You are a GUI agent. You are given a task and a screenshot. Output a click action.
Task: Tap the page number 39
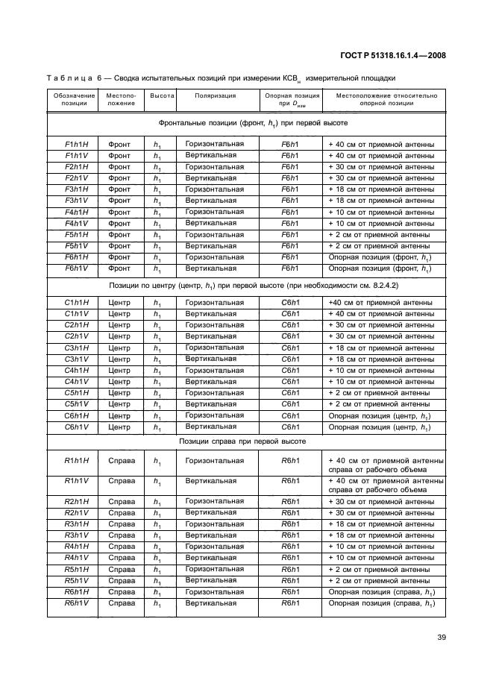(441, 637)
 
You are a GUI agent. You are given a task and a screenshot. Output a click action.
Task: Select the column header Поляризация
(216, 96)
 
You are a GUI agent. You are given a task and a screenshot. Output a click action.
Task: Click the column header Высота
(162, 96)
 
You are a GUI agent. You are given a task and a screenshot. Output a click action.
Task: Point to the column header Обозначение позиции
(74, 100)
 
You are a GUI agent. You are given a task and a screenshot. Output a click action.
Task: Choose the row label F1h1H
(77, 145)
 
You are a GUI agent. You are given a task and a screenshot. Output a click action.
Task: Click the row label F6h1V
(77, 268)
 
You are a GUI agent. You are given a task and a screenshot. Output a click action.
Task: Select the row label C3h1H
(77, 348)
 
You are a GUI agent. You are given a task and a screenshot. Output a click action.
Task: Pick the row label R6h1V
(77, 603)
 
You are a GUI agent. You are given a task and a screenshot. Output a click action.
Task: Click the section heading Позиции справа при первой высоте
(246, 441)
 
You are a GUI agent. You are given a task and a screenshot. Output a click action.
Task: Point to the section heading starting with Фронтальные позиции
(246, 122)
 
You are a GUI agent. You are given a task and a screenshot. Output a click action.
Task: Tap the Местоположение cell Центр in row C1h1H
(119, 303)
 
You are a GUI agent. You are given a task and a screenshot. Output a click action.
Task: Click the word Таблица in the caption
(70, 77)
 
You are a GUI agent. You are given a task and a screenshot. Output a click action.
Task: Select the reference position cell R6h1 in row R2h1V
(290, 513)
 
